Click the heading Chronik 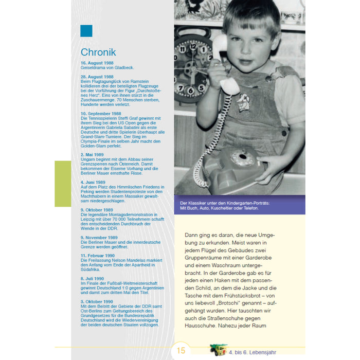[x=98, y=52]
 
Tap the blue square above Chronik [x=86, y=31]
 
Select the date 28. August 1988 [x=97, y=77]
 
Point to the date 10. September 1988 [x=101, y=113]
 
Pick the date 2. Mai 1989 [x=93, y=154]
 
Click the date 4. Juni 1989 [x=93, y=182]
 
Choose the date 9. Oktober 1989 [x=97, y=210]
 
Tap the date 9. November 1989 [x=99, y=238]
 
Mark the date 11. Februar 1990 [x=98, y=255]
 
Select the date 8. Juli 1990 [x=93, y=278]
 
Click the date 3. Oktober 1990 [x=97, y=301]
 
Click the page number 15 [x=181, y=351]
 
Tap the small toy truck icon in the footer [x=218, y=350]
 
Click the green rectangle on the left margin [x=63, y=184]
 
